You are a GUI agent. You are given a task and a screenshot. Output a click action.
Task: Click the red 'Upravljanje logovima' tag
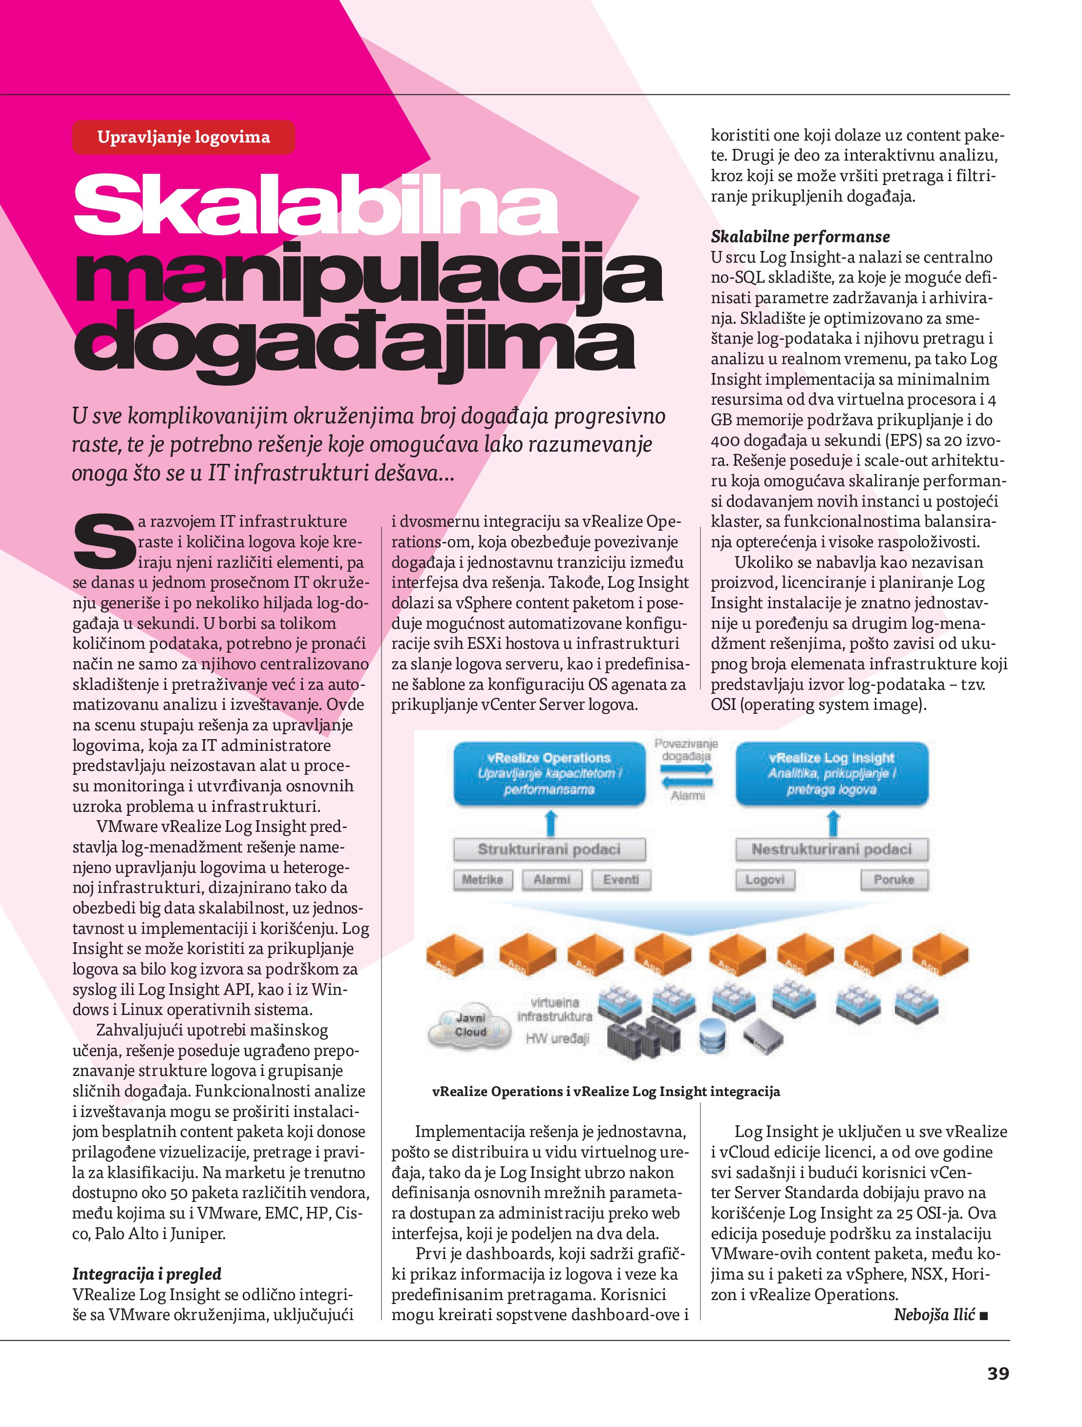tap(183, 137)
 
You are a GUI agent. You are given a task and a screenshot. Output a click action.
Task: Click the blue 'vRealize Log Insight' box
tap(831, 773)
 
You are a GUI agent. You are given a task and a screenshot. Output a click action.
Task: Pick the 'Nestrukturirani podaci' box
tap(831, 849)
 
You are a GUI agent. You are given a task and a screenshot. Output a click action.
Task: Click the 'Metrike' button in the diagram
tap(482, 879)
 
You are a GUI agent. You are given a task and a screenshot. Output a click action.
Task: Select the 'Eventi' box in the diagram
tap(620, 879)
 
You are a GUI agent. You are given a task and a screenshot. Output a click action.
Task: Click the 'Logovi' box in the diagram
tap(765, 879)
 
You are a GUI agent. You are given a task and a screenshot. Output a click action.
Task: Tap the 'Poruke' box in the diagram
tap(893, 879)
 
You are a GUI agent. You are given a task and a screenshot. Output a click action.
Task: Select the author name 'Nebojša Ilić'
tap(933, 1315)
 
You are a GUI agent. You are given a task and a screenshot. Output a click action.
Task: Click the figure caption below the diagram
tap(606, 1092)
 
